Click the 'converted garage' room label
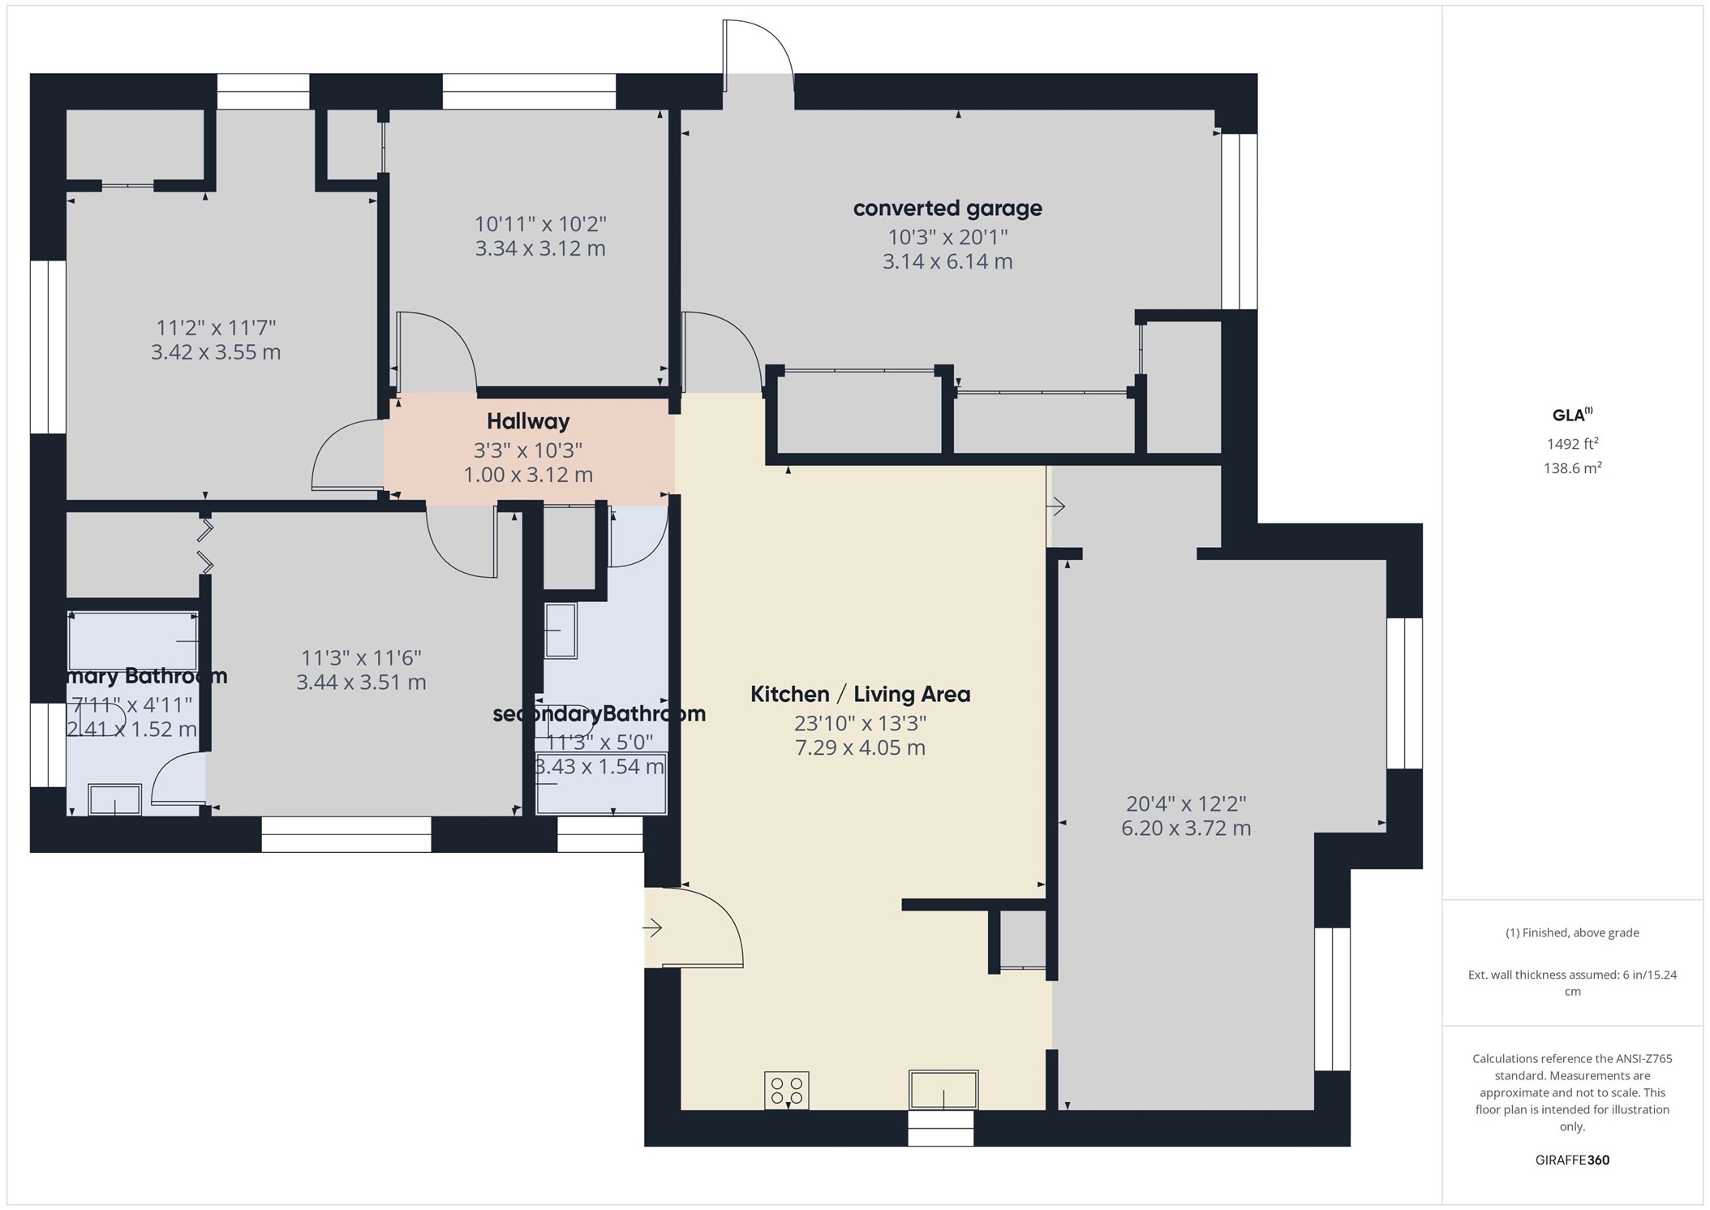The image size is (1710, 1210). (x=947, y=209)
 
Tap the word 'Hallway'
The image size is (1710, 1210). (x=528, y=421)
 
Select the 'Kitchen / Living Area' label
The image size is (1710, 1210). (x=860, y=695)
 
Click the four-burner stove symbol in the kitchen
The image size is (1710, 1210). (x=786, y=1090)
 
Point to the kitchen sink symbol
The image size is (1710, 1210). (x=943, y=1089)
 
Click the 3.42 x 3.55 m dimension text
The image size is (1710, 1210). (x=216, y=352)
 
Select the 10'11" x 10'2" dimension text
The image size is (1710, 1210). (x=540, y=224)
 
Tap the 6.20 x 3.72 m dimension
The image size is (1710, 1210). (x=1186, y=829)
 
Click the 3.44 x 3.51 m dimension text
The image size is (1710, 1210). (x=361, y=683)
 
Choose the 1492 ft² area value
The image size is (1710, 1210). (x=1572, y=444)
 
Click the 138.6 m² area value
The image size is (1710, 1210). (x=1572, y=468)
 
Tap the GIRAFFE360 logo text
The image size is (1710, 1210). (x=1572, y=1160)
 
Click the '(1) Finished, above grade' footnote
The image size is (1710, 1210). (x=1572, y=932)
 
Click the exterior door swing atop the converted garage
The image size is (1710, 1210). (x=758, y=49)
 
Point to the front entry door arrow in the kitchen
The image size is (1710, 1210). (x=653, y=928)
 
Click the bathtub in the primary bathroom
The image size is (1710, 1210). (x=133, y=641)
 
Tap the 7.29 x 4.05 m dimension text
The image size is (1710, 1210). (x=860, y=748)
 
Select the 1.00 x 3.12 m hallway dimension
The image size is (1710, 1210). (x=528, y=475)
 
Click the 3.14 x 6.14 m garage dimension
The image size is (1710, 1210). (x=947, y=262)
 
